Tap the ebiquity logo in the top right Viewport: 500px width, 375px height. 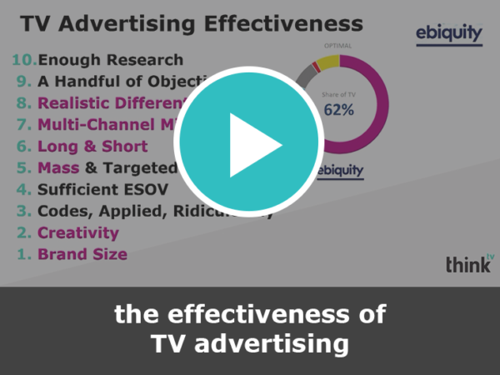pyautogui.click(x=448, y=34)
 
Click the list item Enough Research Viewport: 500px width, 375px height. pyautogui.click(x=110, y=60)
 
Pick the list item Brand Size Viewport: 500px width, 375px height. pyautogui.click(x=82, y=254)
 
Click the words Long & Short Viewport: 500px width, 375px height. pyautogui.click(x=92, y=147)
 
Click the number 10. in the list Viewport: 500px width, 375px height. pyautogui.click(x=24, y=60)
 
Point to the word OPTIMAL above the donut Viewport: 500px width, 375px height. pyautogui.click(x=337, y=47)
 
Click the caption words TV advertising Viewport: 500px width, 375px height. pyautogui.click(x=250, y=342)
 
